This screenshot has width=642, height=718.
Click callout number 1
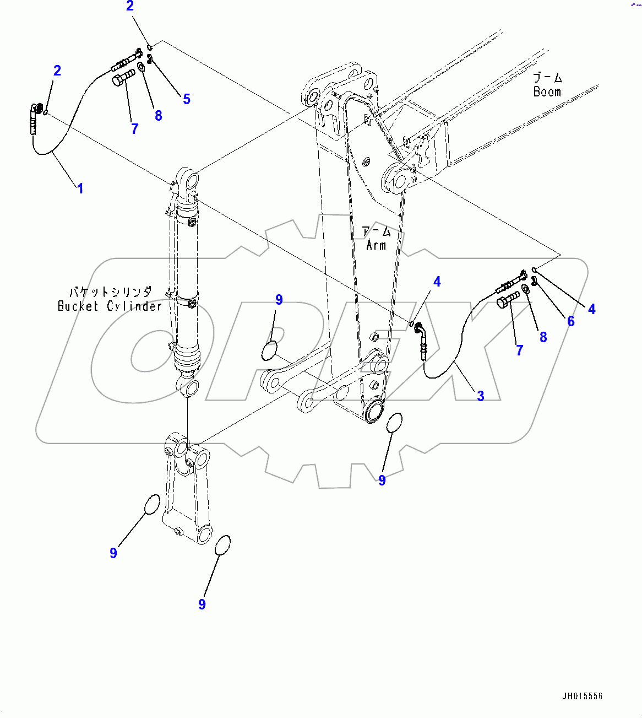click(80, 188)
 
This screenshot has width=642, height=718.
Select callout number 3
click(480, 396)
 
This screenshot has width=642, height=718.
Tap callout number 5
click(187, 99)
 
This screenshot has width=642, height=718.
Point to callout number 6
click(570, 321)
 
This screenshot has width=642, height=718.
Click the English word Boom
click(547, 92)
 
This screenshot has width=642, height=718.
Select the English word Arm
click(377, 245)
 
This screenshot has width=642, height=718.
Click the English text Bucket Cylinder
click(110, 306)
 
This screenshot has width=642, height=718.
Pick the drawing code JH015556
click(582, 697)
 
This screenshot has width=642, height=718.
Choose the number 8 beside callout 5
click(159, 116)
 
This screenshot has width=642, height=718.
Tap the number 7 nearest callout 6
click(519, 350)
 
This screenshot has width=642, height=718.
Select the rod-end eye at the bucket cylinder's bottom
click(188, 387)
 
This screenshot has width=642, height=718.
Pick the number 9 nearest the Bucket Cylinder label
click(279, 300)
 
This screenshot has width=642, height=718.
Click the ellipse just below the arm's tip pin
click(394, 423)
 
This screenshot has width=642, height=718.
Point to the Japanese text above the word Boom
click(547, 77)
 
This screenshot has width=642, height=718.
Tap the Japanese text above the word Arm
click(377, 231)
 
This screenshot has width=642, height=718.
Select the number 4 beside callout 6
click(591, 310)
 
